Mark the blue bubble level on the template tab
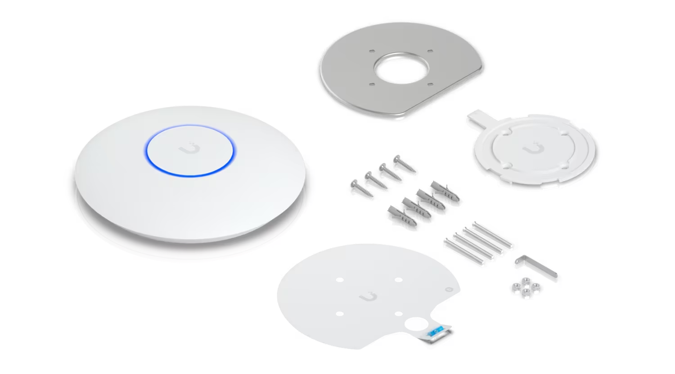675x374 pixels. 435,333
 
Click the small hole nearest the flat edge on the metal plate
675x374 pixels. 430,84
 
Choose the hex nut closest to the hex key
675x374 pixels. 535,286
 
